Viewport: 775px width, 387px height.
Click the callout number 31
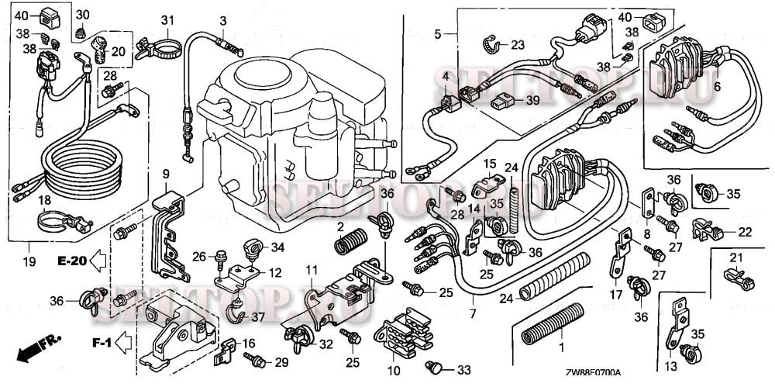pyautogui.click(x=168, y=19)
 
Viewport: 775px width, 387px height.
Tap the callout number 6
pyautogui.click(x=716, y=87)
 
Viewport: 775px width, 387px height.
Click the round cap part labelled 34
pyautogui.click(x=252, y=251)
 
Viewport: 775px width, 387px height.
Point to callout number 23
pyautogui.click(x=518, y=44)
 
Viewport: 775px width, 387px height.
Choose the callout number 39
pyautogui.click(x=532, y=101)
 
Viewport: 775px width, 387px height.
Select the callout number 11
pyautogui.click(x=312, y=270)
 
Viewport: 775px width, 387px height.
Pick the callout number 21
pyautogui.click(x=736, y=258)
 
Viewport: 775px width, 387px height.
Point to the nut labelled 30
pyautogui.click(x=81, y=34)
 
